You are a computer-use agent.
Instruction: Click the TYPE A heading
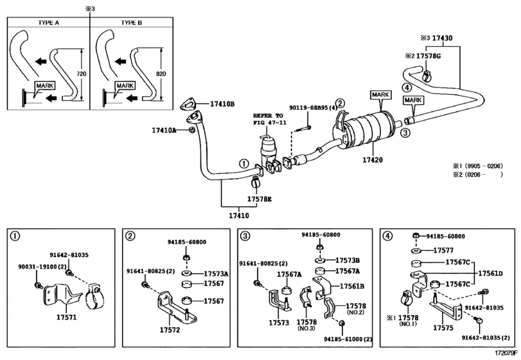(49, 22)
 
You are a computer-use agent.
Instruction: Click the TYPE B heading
(132, 22)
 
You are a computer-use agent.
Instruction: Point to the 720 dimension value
(82, 74)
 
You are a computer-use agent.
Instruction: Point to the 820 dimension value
(161, 74)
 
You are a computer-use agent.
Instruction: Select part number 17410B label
(222, 104)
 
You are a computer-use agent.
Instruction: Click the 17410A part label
(164, 130)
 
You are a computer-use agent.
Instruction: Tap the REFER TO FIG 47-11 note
(268, 119)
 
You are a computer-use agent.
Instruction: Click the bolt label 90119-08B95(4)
(313, 108)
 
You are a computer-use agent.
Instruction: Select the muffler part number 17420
(373, 160)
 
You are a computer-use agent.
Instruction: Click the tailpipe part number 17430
(442, 38)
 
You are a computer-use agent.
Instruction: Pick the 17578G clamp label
(428, 56)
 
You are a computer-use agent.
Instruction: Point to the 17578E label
(260, 199)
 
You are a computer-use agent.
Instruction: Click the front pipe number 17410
(239, 215)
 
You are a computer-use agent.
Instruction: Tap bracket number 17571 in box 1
(66, 317)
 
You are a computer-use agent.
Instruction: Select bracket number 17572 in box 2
(170, 330)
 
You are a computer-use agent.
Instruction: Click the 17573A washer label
(216, 274)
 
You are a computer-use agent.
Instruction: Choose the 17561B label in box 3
(352, 286)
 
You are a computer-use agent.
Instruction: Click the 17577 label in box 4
(443, 250)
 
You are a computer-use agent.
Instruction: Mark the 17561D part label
(490, 274)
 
